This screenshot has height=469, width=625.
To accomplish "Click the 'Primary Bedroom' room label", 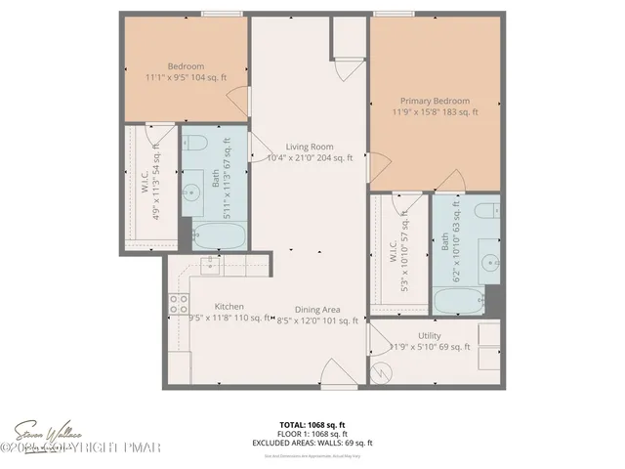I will [x=435, y=101].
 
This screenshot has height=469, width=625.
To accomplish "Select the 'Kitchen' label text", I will [x=229, y=306].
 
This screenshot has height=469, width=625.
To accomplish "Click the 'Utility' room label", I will [x=428, y=335].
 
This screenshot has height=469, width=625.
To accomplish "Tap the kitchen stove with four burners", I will [x=177, y=305].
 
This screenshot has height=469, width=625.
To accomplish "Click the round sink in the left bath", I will [x=192, y=191].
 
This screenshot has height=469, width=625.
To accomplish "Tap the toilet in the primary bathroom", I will [x=483, y=212].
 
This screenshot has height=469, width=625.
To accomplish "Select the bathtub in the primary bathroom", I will [x=459, y=299].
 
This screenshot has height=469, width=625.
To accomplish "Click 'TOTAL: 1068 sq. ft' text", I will [x=312, y=425].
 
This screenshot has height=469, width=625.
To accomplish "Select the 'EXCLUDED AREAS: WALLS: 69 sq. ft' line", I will [x=312, y=443].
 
